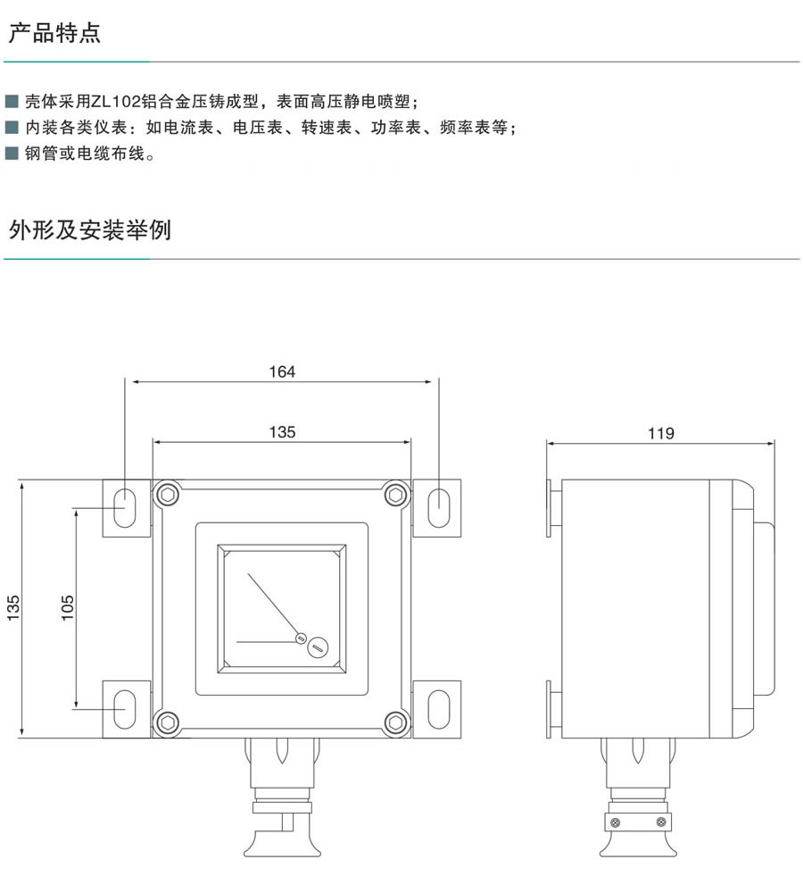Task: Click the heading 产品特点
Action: click(x=54, y=35)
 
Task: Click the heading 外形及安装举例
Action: click(x=89, y=231)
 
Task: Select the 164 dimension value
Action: click(x=282, y=371)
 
